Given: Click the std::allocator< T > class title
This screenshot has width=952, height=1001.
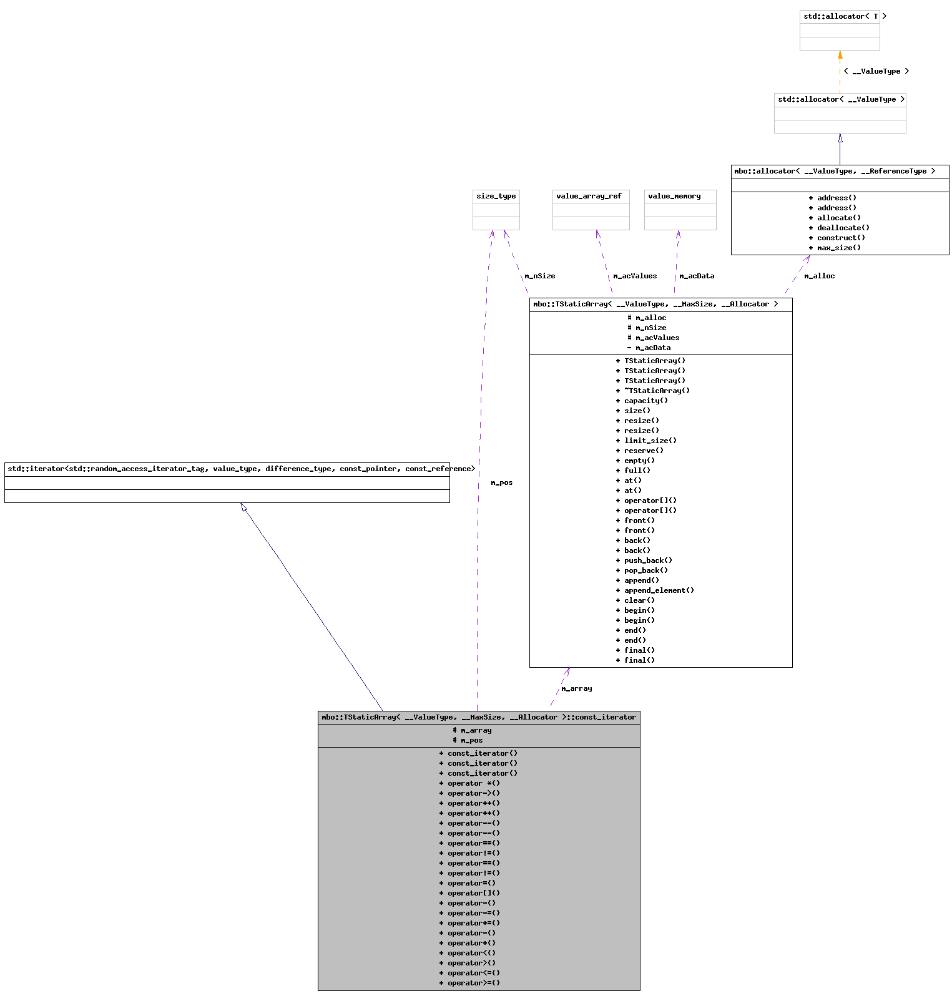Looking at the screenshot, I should click(840, 16).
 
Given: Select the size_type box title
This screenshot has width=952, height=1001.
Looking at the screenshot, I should click(496, 196).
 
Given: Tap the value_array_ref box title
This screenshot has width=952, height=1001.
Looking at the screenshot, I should click(589, 196).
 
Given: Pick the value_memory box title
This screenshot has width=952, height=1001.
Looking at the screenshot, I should click(674, 196).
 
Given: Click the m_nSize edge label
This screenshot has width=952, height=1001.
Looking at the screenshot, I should click(539, 276).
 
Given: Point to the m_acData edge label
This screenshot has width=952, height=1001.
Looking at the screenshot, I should click(697, 276).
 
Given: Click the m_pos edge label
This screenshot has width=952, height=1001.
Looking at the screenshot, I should click(501, 482).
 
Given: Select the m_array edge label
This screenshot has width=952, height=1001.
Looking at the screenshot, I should click(576, 688).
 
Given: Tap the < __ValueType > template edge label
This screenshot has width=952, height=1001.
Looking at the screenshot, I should click(876, 71).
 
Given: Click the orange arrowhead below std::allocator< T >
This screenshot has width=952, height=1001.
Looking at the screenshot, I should click(840, 55).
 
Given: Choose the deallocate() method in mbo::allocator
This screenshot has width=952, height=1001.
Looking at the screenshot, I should click(839, 228).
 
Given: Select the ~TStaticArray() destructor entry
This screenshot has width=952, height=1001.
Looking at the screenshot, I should click(652, 391).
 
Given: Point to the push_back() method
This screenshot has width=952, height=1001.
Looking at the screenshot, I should click(644, 560).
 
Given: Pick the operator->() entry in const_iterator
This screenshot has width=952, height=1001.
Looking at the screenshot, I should click(469, 793).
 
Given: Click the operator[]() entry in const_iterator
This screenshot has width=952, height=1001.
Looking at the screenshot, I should click(469, 893).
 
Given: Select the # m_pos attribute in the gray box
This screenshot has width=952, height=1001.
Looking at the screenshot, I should click(468, 740).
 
